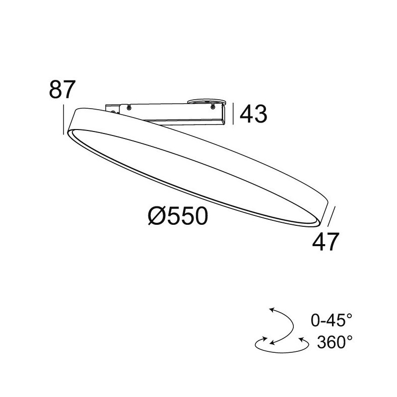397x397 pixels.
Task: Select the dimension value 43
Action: click(254, 114)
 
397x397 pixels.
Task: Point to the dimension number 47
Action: click(326, 243)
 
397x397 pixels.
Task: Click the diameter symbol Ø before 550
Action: click(157, 216)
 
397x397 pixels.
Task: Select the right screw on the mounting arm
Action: click(214, 106)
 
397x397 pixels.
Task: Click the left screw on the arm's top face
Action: click(129, 107)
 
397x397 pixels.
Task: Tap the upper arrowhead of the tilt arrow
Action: click(271, 310)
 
